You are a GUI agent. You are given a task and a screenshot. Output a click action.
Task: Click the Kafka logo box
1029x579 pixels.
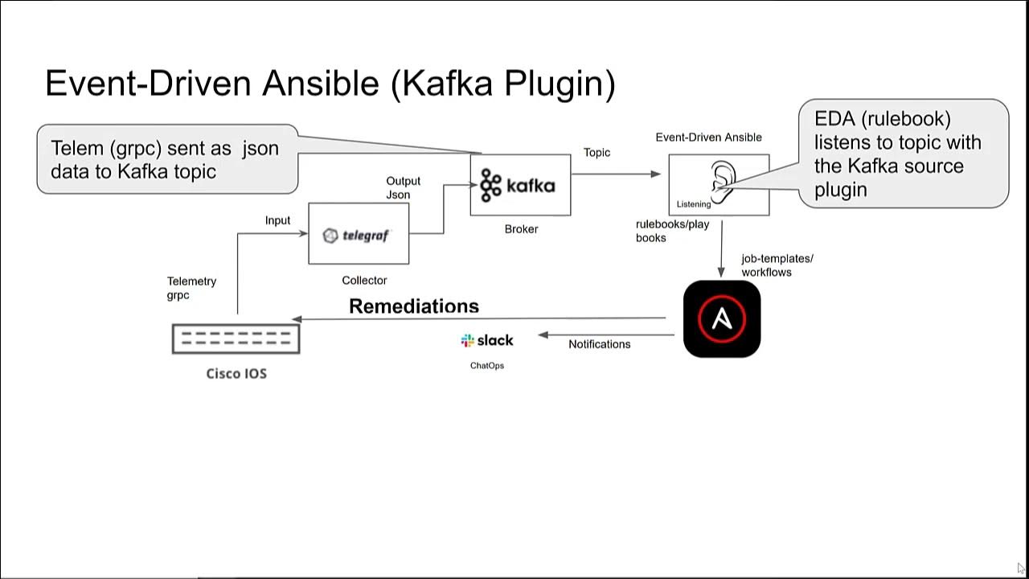(520, 185)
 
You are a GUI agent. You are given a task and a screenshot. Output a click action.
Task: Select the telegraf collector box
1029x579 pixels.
(359, 234)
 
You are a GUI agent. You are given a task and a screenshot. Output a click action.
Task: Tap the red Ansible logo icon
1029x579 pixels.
(721, 318)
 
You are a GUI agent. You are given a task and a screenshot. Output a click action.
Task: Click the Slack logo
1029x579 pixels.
(487, 341)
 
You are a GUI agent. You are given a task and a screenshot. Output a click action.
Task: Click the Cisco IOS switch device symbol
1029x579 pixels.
(236, 339)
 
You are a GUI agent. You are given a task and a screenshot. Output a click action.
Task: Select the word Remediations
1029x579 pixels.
(414, 306)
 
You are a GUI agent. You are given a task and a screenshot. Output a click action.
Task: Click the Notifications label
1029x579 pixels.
(599, 344)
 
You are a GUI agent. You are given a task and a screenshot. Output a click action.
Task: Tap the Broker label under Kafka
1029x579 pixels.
(521, 229)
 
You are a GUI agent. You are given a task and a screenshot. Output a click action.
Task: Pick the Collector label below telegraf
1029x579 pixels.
(364, 281)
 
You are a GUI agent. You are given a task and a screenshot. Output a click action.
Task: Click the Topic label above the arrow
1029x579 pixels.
(596, 153)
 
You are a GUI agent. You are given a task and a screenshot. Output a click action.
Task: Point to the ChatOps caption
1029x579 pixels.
(487, 366)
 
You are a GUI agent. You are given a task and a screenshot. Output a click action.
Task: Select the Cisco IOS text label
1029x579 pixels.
(236, 374)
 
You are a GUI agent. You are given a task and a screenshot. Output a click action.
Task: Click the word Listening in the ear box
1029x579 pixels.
(694, 204)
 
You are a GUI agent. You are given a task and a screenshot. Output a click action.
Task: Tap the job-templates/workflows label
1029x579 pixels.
(777, 265)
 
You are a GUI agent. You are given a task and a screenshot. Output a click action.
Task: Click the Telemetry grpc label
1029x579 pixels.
(191, 288)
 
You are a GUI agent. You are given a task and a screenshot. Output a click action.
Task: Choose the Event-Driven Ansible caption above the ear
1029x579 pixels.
(708, 138)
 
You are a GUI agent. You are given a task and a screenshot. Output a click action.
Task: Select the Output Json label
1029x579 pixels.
(403, 188)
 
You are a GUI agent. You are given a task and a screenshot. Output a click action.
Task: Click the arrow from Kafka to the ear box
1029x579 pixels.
(616, 174)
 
